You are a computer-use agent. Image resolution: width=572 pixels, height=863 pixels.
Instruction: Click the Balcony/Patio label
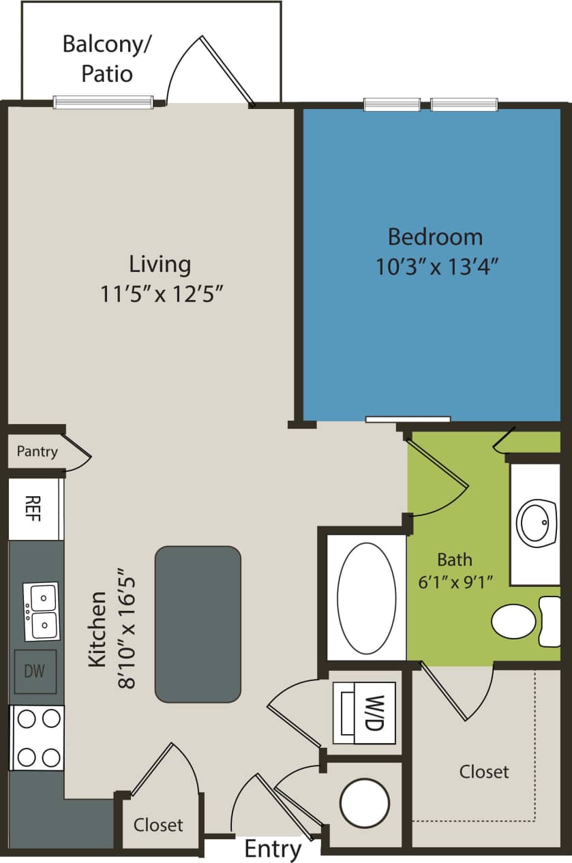pyautogui.click(x=107, y=58)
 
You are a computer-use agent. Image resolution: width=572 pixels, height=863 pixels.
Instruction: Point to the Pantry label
pyautogui.click(x=37, y=451)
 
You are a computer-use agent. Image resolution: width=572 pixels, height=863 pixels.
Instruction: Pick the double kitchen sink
pyautogui.click(x=42, y=611)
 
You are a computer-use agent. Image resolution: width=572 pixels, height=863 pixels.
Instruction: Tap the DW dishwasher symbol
pyautogui.click(x=35, y=671)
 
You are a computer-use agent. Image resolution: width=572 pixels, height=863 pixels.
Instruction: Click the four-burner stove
pyautogui.click(x=37, y=738)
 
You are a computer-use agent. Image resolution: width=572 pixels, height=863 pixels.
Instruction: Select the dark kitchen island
pyautogui.click(x=198, y=624)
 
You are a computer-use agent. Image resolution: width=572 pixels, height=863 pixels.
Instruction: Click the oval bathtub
pyautogui.click(x=367, y=598)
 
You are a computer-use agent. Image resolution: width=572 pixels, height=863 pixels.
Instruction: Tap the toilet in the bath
pyautogui.click(x=522, y=621)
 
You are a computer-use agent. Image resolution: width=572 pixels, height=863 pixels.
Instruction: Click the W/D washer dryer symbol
pyautogui.click(x=364, y=712)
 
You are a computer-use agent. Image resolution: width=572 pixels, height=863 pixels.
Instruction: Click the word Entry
pyautogui.click(x=273, y=849)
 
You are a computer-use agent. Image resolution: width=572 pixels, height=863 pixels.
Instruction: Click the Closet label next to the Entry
pyautogui.click(x=158, y=825)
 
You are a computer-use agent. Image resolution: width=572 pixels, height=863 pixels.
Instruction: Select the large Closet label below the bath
pyautogui.click(x=484, y=772)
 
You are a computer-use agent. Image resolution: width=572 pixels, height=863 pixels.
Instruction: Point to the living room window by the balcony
pyautogui.click(x=103, y=102)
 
